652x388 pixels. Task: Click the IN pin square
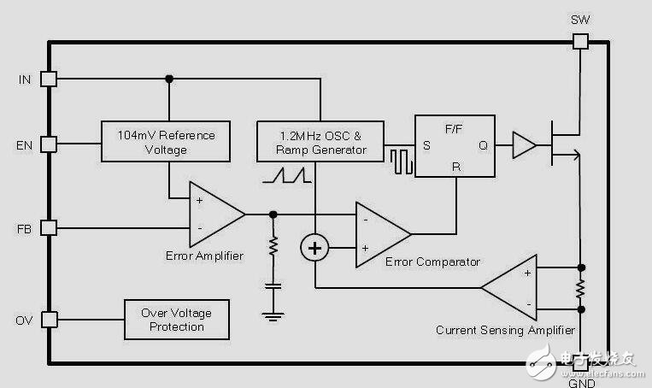[x=49, y=79]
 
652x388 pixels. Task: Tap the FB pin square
[x=49, y=228]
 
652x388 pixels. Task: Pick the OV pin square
[x=49, y=320]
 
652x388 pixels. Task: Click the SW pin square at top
[x=580, y=41]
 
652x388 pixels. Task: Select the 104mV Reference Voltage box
[x=166, y=141]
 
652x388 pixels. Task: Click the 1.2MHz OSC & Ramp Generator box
[x=320, y=141]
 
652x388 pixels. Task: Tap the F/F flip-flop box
[x=454, y=145]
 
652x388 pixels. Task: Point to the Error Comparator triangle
[x=379, y=232]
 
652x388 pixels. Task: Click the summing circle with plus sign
[x=315, y=248]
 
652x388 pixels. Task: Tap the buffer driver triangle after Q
[x=522, y=145]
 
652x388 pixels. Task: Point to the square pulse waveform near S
[x=401, y=161]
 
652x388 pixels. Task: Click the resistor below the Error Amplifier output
[x=273, y=247]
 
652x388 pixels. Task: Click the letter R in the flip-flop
[x=456, y=168]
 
